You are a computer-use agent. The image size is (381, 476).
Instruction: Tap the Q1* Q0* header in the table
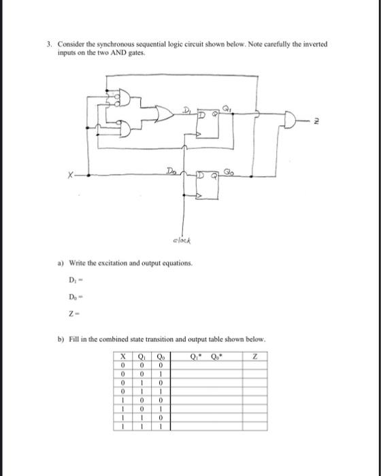[205, 356]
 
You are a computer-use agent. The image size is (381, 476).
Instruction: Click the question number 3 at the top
[49, 43]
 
